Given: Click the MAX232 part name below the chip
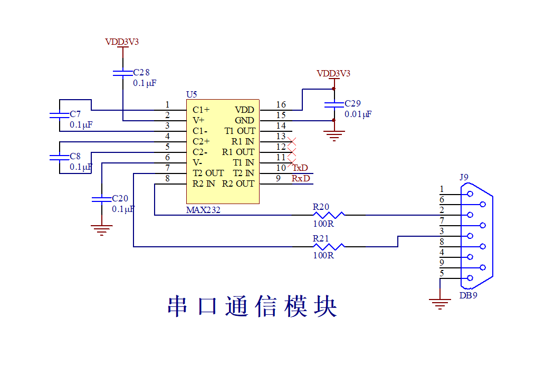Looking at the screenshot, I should click(203, 210).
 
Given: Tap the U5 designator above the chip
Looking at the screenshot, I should click(192, 95).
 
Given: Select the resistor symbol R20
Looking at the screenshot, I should click(328, 215).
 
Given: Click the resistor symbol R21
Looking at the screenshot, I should click(328, 246).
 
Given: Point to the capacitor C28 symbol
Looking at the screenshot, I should click(122, 72).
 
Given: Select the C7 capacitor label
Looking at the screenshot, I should click(75, 114).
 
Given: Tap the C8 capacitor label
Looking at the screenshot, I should click(75, 157).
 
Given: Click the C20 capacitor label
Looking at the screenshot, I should click(120, 199).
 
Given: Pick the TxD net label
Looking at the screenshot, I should click(300, 168).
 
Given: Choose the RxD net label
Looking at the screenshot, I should click(301, 178).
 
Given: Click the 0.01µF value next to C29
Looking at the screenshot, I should click(358, 114).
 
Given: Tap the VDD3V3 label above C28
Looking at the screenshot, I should click(122, 42).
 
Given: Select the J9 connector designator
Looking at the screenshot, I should click(464, 177).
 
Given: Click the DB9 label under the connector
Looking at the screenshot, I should click(468, 295).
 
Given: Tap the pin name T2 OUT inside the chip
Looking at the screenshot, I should click(208, 173).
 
